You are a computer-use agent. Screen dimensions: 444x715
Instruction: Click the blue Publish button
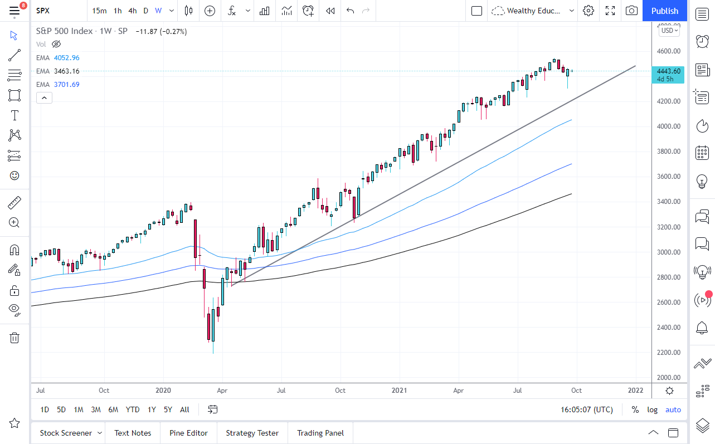coord(664,11)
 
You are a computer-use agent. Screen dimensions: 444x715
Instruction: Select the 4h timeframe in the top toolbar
coord(132,11)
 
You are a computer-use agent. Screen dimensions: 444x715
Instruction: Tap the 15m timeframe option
coord(99,11)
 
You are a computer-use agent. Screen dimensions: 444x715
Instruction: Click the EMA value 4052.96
coord(66,58)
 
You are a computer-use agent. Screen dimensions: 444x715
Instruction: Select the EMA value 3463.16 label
coord(66,71)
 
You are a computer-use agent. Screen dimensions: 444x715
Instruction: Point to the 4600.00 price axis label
coord(669,51)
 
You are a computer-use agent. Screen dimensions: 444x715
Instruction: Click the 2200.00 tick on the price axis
coord(669,353)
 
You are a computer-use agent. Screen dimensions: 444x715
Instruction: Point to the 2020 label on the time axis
coord(163,391)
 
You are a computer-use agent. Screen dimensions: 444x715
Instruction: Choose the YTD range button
coord(133,409)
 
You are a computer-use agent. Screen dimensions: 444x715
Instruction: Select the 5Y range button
coord(168,409)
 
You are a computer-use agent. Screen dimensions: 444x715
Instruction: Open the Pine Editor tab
coord(188,433)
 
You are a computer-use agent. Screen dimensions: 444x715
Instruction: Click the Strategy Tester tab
coord(252,433)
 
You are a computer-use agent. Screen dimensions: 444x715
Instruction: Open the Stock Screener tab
coord(65,433)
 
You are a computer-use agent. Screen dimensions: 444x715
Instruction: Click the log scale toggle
coord(652,409)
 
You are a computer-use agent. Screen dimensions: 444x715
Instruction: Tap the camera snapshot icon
coord(631,11)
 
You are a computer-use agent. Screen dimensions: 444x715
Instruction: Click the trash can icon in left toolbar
coord(14,338)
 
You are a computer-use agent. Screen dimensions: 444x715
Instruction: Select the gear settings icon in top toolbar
coord(588,11)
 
